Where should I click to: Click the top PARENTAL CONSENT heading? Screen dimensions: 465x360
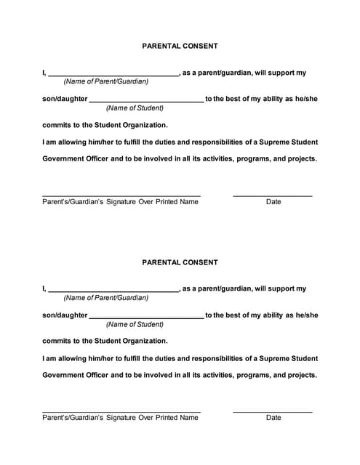180,46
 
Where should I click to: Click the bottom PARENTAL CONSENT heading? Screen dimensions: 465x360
180,262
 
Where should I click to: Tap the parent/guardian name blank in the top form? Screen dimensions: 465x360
113,75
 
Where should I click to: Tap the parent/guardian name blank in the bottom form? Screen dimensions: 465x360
113,291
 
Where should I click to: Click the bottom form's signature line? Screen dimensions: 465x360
121,412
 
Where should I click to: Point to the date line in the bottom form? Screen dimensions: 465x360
272,412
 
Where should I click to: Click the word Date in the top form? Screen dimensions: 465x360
273,202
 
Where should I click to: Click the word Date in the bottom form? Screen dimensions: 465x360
273,418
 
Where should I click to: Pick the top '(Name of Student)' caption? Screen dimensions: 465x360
135,108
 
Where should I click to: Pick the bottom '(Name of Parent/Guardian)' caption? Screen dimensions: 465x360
106,297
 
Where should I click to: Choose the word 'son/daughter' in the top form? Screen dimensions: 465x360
65,99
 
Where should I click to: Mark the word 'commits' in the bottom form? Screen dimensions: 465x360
56,341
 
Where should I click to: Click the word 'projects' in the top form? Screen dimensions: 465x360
300,158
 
